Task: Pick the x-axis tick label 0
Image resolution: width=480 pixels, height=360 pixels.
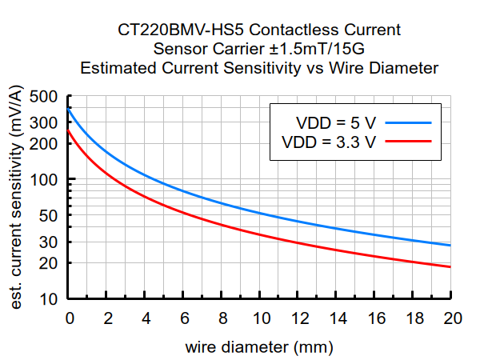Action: pyautogui.click(x=70, y=318)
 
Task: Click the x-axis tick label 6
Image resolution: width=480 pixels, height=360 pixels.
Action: pyautogui.click(x=184, y=318)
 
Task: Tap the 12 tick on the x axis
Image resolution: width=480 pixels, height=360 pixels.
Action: pyautogui.click(x=298, y=318)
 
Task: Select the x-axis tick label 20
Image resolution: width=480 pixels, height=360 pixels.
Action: pyautogui.click(x=451, y=318)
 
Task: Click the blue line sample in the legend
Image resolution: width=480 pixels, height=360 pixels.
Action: pyautogui.click(x=407, y=123)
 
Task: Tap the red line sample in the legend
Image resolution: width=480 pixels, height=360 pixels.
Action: pyautogui.click(x=407, y=142)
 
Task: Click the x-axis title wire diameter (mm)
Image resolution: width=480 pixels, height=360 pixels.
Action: pyautogui.click(x=259, y=348)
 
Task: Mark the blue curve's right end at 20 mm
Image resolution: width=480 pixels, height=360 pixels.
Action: pyautogui.click(x=450, y=246)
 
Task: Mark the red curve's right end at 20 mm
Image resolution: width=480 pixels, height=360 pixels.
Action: pyautogui.click(x=450, y=267)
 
